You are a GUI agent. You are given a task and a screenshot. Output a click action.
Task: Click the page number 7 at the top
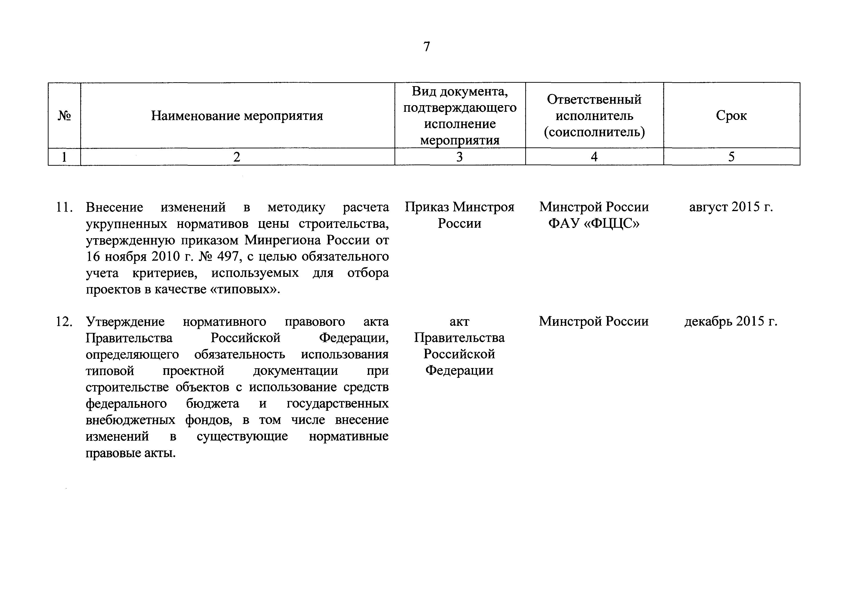[x=426, y=47]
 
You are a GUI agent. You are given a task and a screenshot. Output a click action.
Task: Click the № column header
[x=64, y=116]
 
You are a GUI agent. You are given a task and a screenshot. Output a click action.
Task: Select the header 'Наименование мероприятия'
[x=237, y=116]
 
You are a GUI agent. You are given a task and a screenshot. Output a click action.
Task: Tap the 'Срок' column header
[x=731, y=116]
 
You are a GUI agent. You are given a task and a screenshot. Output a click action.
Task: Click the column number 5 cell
[x=731, y=157]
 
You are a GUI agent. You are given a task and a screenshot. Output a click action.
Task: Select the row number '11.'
[x=64, y=207]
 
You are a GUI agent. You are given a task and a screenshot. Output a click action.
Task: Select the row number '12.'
[x=64, y=321]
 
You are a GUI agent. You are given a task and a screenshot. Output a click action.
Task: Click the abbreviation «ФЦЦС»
[x=612, y=223]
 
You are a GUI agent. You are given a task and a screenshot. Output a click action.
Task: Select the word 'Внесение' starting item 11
[x=114, y=207]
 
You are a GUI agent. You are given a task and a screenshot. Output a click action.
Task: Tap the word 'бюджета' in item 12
[x=212, y=403]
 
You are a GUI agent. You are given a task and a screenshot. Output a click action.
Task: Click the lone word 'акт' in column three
[x=459, y=321]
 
